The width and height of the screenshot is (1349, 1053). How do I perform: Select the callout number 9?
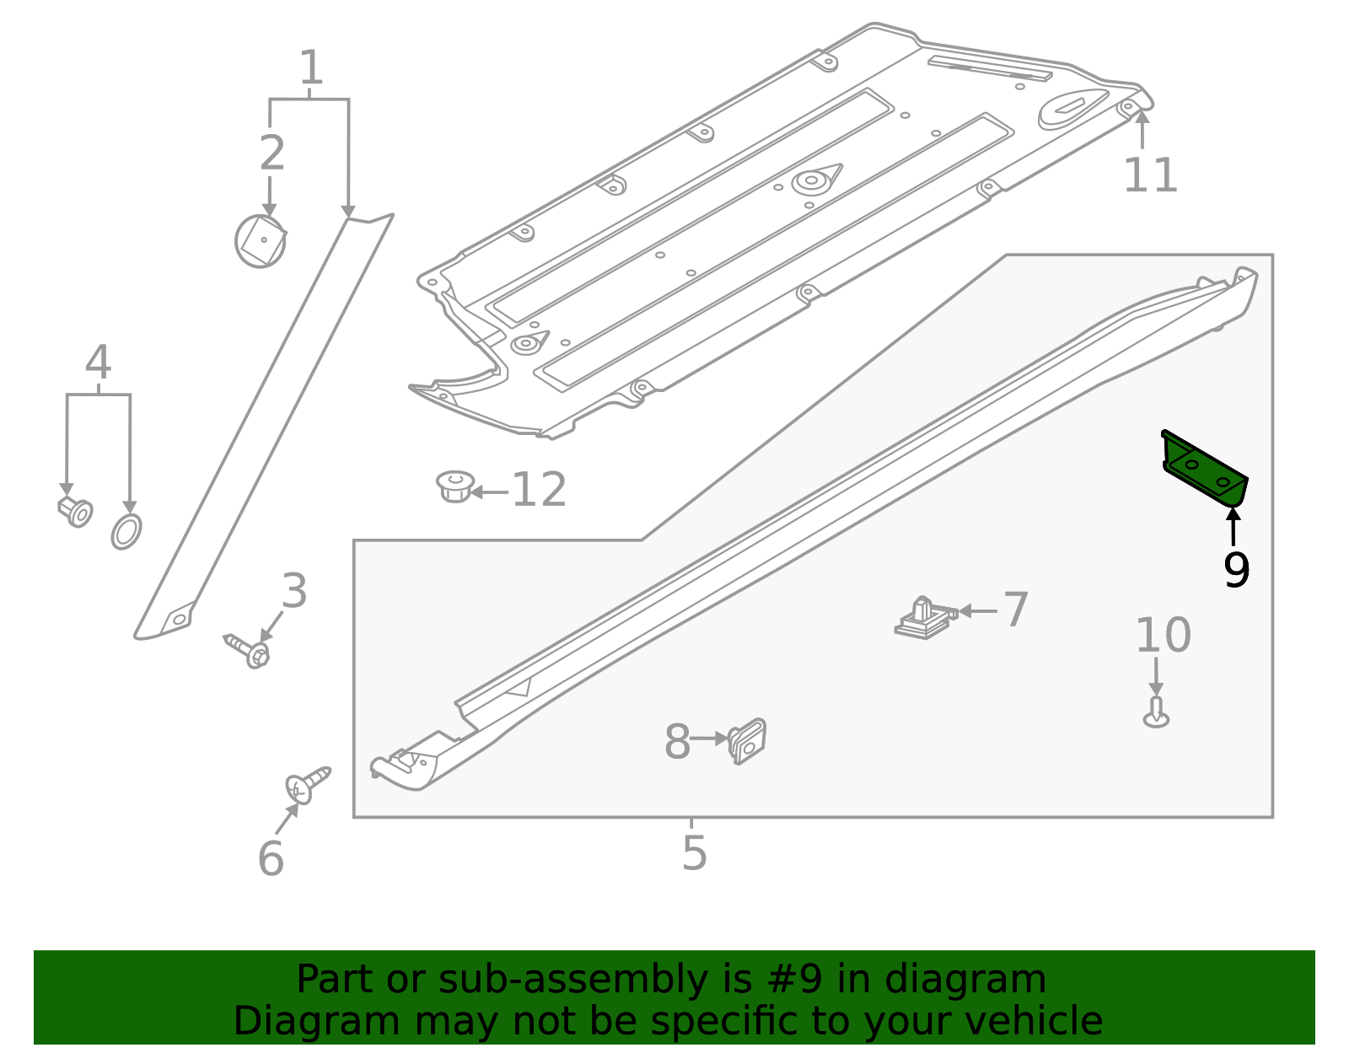click(1236, 571)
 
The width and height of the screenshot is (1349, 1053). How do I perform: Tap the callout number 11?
click(1150, 176)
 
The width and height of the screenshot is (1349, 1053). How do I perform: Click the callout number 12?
click(539, 490)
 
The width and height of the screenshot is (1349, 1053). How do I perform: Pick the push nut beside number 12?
click(455, 486)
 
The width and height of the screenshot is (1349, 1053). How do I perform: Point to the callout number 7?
click(1016, 610)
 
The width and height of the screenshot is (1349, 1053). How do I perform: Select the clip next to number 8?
click(748, 741)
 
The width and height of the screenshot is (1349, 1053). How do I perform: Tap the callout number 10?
click(1163, 635)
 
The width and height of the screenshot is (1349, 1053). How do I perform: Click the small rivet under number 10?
click(1156, 713)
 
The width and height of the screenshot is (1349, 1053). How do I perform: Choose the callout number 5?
click(694, 853)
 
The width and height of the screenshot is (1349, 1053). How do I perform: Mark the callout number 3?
click(294, 591)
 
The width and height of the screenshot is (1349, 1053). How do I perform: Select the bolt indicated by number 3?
click(248, 650)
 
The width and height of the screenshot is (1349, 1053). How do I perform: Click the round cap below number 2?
click(261, 242)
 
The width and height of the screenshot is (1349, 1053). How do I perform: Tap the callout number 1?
click(310, 68)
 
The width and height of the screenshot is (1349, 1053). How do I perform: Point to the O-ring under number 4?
click(126, 531)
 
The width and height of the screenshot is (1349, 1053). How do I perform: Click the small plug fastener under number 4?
click(76, 510)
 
